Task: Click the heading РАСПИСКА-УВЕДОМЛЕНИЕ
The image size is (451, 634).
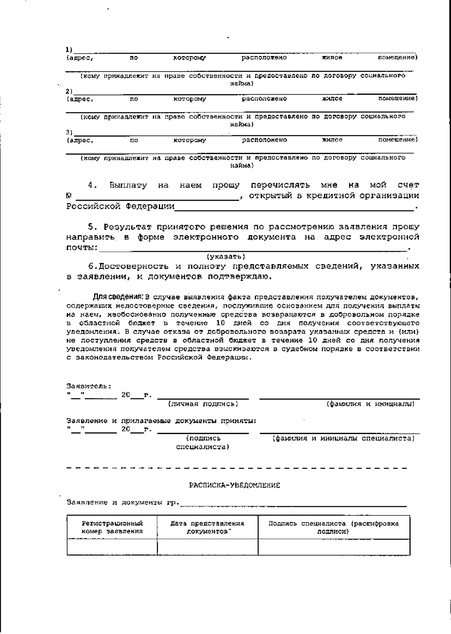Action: (x=235, y=485)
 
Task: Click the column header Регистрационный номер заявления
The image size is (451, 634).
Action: (x=112, y=527)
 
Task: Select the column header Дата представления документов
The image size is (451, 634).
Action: (x=207, y=527)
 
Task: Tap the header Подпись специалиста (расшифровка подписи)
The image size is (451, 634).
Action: (x=334, y=527)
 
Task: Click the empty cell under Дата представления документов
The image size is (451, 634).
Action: (x=207, y=547)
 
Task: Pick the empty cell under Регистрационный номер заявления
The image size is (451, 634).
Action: (x=112, y=547)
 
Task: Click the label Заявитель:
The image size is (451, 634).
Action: (x=89, y=386)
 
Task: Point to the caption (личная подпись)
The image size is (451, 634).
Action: (x=203, y=404)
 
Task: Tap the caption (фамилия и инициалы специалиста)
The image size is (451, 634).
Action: (x=344, y=439)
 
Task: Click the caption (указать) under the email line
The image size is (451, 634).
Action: (x=226, y=257)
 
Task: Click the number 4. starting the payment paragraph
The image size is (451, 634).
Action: (x=92, y=185)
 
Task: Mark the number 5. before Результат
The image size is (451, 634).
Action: (x=92, y=227)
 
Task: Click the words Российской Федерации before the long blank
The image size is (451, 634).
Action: (x=120, y=206)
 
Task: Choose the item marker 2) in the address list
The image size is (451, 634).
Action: (x=69, y=91)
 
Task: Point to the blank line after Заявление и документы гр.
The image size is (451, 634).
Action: (x=293, y=504)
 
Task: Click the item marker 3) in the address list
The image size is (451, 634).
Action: (x=69, y=132)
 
